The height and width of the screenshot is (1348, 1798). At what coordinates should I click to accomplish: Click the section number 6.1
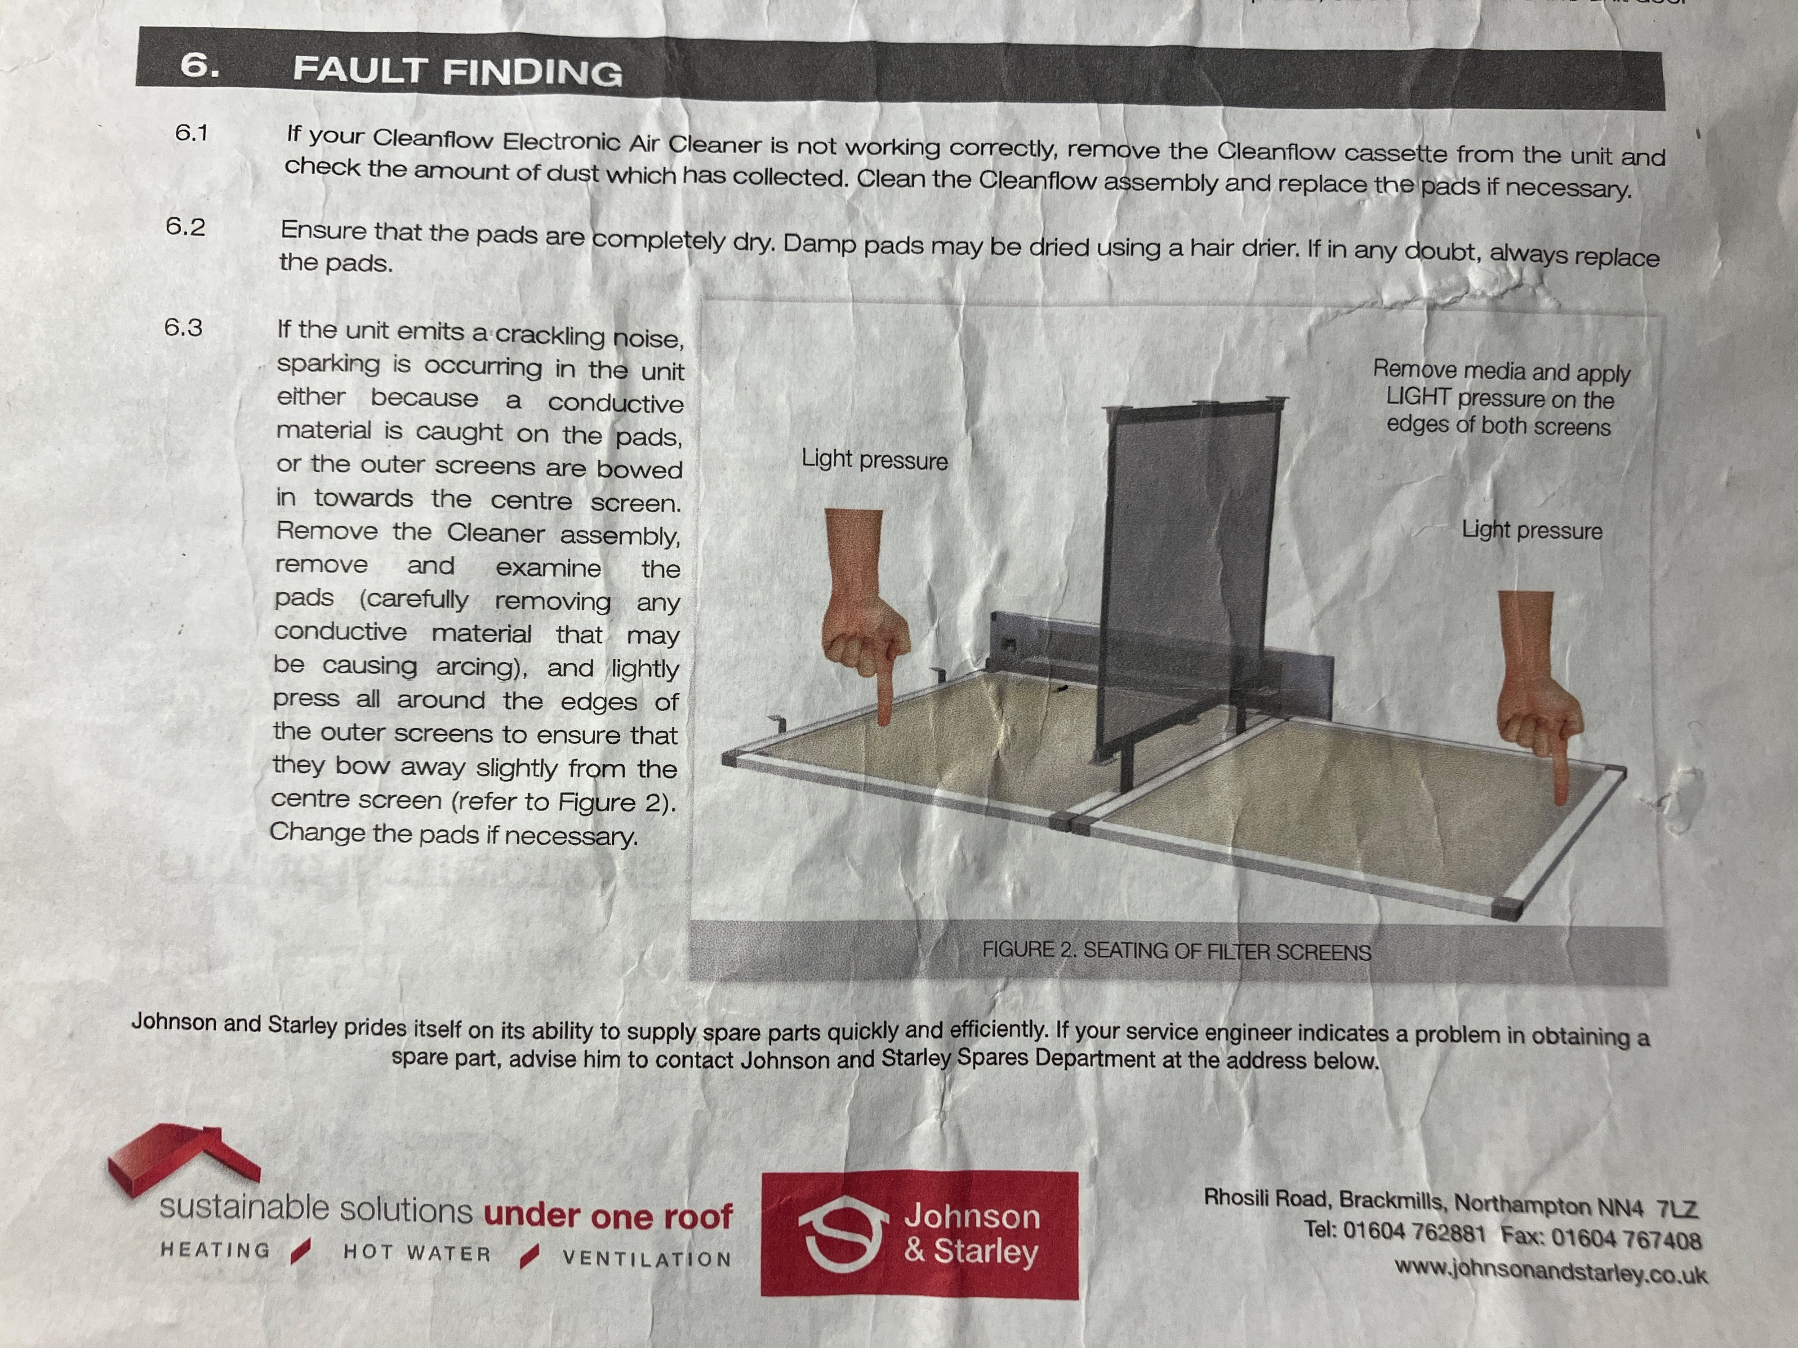[192, 133]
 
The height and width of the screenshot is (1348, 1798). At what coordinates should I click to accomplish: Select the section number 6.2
[185, 227]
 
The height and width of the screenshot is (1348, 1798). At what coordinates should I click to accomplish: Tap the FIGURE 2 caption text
[1176, 951]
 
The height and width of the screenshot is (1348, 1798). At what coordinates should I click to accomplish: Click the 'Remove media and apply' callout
[1501, 371]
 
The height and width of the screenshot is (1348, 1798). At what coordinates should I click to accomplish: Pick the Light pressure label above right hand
[1532, 530]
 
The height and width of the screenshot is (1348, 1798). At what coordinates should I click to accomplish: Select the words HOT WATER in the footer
[418, 1253]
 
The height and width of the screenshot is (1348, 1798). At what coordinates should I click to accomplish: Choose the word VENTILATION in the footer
[647, 1258]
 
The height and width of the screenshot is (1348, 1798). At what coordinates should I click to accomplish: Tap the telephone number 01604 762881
[1414, 1232]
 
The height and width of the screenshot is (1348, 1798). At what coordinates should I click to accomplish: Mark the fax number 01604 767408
[1626, 1238]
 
